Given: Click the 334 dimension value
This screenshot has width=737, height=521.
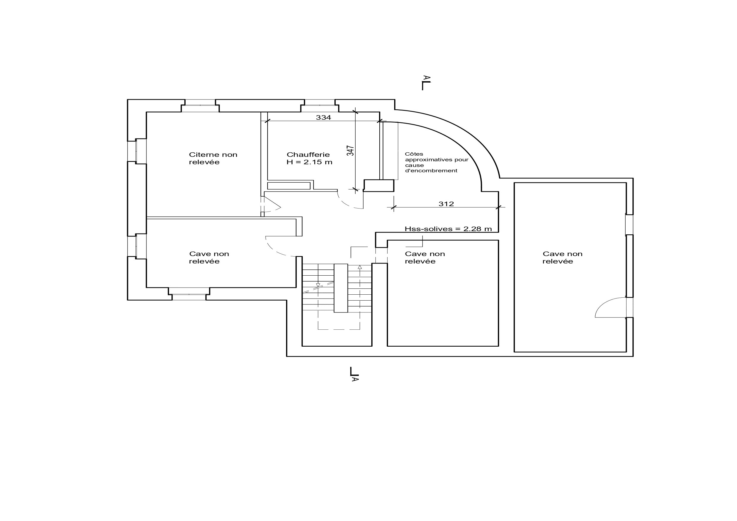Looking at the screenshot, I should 323,118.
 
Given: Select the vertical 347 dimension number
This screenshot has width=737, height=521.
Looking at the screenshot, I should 351,151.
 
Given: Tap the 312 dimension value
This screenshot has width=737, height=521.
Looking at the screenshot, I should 446,204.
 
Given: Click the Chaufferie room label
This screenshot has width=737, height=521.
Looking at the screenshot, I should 308,155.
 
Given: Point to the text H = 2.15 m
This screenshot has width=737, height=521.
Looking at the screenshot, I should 310,162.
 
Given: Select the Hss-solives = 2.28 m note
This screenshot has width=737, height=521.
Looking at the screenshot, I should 448,229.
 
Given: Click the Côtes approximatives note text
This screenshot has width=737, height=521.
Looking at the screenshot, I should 436,162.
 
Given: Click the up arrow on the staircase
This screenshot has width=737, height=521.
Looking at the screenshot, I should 360,267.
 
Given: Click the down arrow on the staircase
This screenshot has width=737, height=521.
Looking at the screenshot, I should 318,285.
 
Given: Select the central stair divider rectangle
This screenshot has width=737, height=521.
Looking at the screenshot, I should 341,288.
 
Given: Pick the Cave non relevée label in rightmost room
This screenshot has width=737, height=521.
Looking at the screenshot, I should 562,258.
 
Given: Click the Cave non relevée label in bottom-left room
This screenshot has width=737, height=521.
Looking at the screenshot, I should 209,258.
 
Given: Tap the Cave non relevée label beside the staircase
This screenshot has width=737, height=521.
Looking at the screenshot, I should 425,258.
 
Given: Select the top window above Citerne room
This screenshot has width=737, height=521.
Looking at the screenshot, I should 200,103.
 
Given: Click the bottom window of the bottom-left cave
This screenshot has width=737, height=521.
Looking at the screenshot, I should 189,297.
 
